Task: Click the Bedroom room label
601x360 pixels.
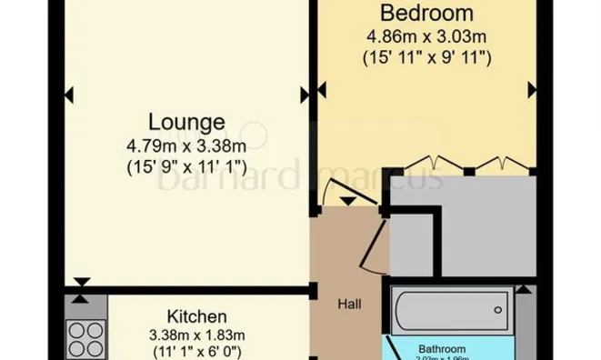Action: click(x=426, y=14)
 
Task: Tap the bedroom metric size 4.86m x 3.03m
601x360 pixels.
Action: click(x=426, y=37)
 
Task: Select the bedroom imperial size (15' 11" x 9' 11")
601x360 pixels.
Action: click(x=426, y=58)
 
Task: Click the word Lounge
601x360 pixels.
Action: click(x=186, y=122)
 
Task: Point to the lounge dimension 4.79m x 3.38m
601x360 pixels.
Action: click(x=186, y=145)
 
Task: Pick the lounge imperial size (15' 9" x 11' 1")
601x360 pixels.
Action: click(x=186, y=166)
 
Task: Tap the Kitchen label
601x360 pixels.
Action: click(x=197, y=316)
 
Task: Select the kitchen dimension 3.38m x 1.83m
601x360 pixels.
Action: click(x=197, y=335)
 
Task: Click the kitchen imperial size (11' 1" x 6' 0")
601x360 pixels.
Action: click(x=197, y=353)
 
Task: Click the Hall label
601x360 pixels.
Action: click(x=349, y=304)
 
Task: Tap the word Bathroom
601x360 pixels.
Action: click(x=442, y=348)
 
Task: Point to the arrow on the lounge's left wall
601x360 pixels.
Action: click(x=69, y=94)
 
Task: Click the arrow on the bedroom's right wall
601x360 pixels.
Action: click(x=532, y=89)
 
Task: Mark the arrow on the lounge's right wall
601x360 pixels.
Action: click(x=305, y=94)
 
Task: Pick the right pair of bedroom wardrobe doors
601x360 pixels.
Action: click(x=499, y=164)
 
